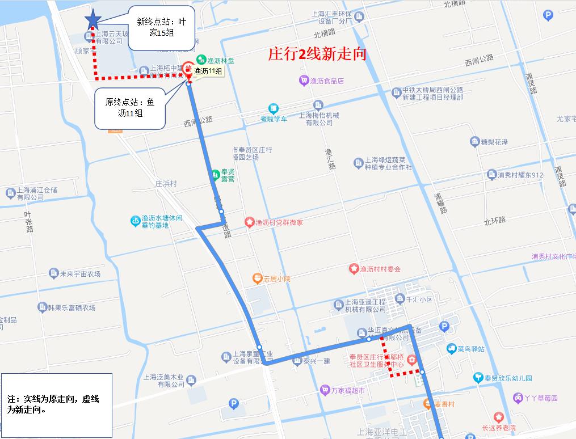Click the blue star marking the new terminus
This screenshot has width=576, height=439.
(x=92, y=20)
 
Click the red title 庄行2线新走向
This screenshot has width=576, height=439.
(x=317, y=54)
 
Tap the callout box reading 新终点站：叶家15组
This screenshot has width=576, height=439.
(x=162, y=28)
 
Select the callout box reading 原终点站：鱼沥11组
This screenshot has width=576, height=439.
(x=130, y=108)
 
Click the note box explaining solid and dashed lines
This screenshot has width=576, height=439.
(x=56, y=404)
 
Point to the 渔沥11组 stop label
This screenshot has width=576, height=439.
(x=208, y=71)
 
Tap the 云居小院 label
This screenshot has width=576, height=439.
(x=276, y=278)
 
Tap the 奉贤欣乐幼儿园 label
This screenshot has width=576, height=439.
(x=508, y=378)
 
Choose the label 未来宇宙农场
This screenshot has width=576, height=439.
(x=80, y=273)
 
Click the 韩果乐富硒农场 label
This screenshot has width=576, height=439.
(x=71, y=307)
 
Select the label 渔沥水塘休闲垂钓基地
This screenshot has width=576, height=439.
(x=162, y=221)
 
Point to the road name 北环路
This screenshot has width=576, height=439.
(x=494, y=220)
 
